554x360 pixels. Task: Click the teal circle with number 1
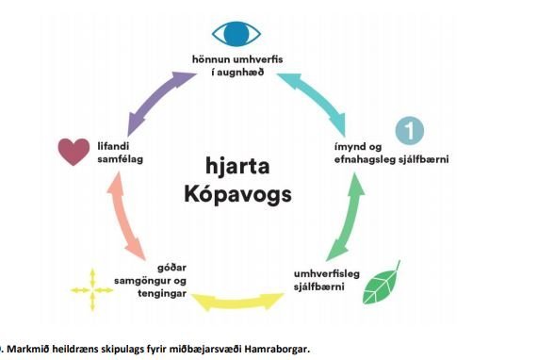click(406, 129)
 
